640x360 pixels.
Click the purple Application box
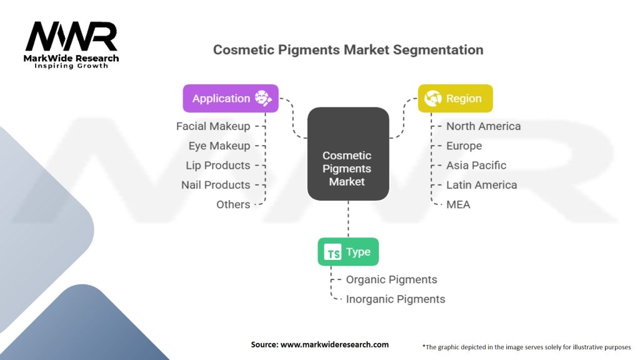[x=231, y=98]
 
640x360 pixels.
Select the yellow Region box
[x=454, y=98]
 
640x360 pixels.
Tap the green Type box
[x=348, y=252]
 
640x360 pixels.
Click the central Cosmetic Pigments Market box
[x=348, y=154]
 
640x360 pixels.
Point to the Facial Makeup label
[x=213, y=126]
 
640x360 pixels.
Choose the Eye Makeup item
[x=219, y=146]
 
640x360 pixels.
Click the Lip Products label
[x=218, y=166]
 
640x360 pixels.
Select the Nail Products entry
[x=216, y=185]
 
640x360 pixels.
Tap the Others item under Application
[x=233, y=204]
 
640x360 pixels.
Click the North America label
[x=483, y=126]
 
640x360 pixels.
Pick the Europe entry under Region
[x=464, y=146]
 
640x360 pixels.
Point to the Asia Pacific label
[x=476, y=166]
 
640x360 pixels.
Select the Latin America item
[x=481, y=185]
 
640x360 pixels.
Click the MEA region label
[x=458, y=204]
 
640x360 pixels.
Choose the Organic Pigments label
[x=391, y=279]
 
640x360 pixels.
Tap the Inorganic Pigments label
[x=396, y=299]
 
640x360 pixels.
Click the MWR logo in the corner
[x=72, y=44]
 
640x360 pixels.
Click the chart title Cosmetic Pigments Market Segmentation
[x=348, y=50]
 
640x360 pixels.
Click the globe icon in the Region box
[x=432, y=98]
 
